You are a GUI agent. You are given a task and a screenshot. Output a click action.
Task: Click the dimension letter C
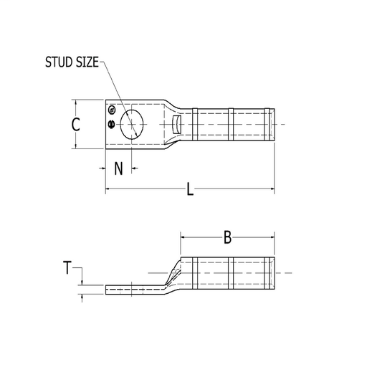coord(77,125)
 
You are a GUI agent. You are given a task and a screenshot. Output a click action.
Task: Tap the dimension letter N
coord(119,169)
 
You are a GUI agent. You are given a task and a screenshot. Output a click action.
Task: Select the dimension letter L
coord(190,189)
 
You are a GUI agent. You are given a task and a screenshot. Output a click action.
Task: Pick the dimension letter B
coord(227,237)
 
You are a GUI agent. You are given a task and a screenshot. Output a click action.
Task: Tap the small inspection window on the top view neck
coord(178,125)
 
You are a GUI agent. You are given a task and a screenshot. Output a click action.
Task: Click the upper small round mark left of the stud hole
coord(112,110)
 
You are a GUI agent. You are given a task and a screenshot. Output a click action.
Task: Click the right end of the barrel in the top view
coord(273,125)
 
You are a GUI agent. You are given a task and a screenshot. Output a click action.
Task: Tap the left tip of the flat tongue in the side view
coord(108,290)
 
